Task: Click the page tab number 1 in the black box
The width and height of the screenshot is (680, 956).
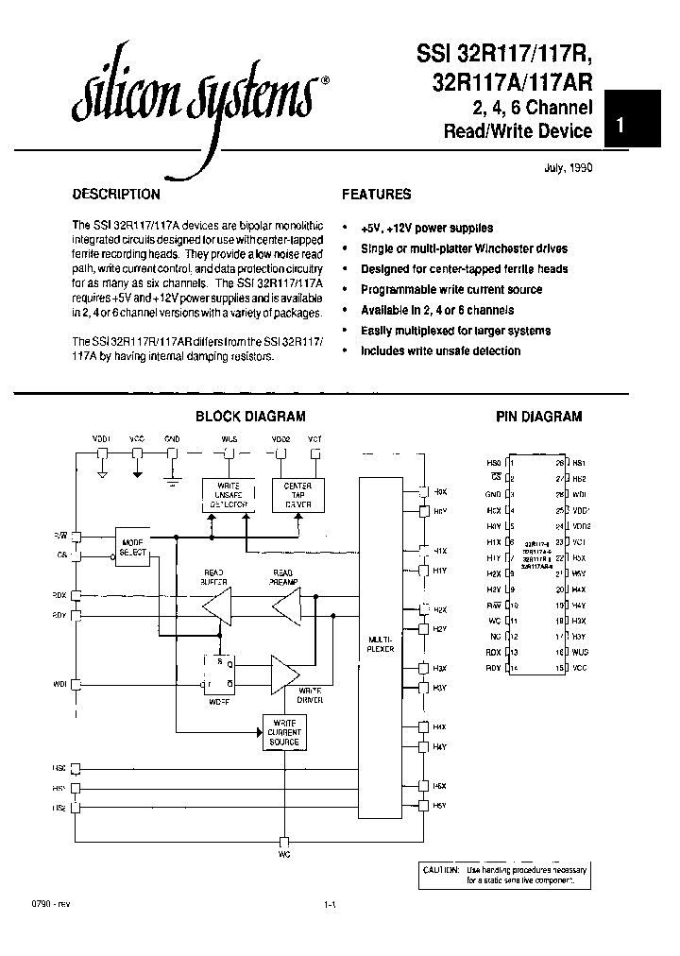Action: point(620,125)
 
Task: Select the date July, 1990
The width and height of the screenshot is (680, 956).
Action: point(568,167)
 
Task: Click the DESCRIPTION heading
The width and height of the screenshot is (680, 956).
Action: point(116,195)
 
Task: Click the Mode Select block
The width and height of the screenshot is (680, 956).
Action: point(132,547)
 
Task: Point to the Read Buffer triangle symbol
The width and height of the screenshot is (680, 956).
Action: point(218,605)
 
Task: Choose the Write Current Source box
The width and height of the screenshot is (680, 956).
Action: point(283,732)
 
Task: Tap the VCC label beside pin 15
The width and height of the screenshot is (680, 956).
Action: point(579,669)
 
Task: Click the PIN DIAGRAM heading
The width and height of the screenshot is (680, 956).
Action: point(539,417)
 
